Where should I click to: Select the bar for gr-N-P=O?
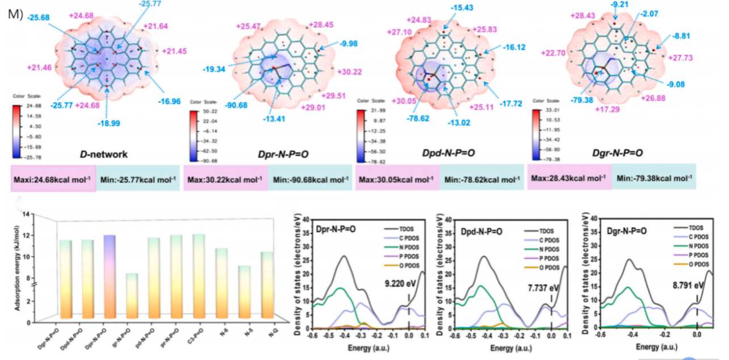tap(131, 295)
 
